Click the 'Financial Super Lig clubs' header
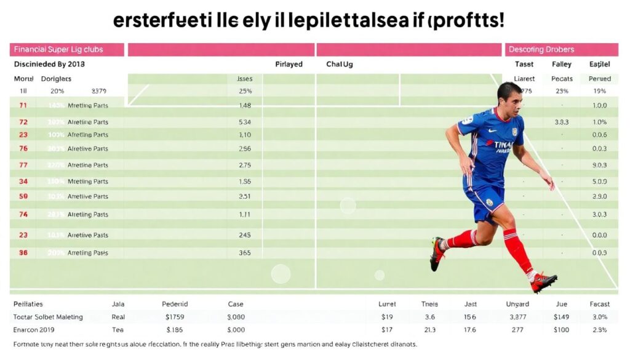coord(58,49)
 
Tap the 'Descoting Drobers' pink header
coord(541,49)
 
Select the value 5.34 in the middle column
coord(244,122)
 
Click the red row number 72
coord(23,122)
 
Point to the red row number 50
coord(23,196)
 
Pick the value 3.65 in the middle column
coord(244,252)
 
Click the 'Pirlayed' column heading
coord(289,64)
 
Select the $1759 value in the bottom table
coord(175,317)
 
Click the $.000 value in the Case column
coord(236,330)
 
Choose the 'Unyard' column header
coord(517,304)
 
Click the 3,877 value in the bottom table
coord(518,317)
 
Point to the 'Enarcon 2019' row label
coord(35,330)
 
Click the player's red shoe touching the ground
coord(543,282)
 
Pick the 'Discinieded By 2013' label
coord(49,64)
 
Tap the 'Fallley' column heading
coord(561,64)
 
